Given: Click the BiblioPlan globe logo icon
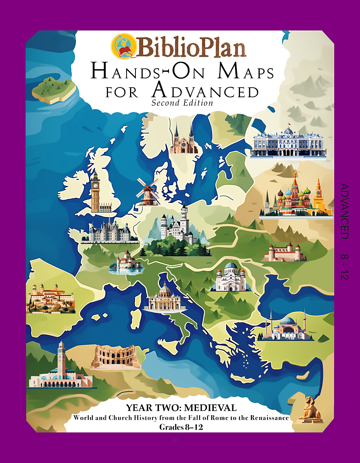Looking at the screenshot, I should [123, 46].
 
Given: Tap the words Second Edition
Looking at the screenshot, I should [182, 103].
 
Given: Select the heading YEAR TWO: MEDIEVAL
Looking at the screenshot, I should [181, 408].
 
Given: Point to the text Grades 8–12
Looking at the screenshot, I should [181, 427].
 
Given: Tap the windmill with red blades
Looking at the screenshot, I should [147, 191].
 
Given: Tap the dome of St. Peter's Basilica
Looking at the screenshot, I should [165, 289].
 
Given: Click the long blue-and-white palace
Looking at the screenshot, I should [288, 142].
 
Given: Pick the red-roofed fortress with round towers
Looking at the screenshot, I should [284, 252].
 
